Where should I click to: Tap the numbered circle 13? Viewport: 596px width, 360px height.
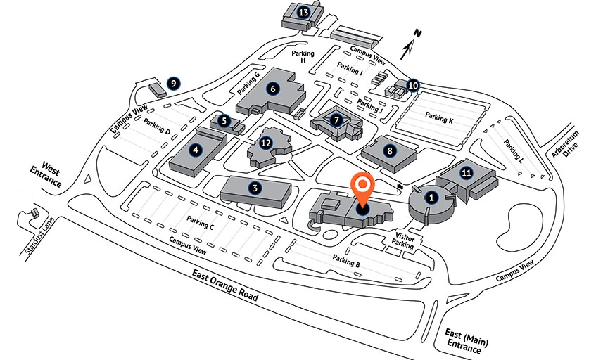[304, 12]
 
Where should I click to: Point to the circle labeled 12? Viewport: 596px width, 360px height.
[265, 143]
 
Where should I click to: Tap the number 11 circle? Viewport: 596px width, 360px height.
[465, 172]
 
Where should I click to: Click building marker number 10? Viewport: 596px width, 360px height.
[413, 86]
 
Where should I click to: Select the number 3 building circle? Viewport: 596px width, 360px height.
[255, 187]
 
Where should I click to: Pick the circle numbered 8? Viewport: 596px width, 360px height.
[388, 149]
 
